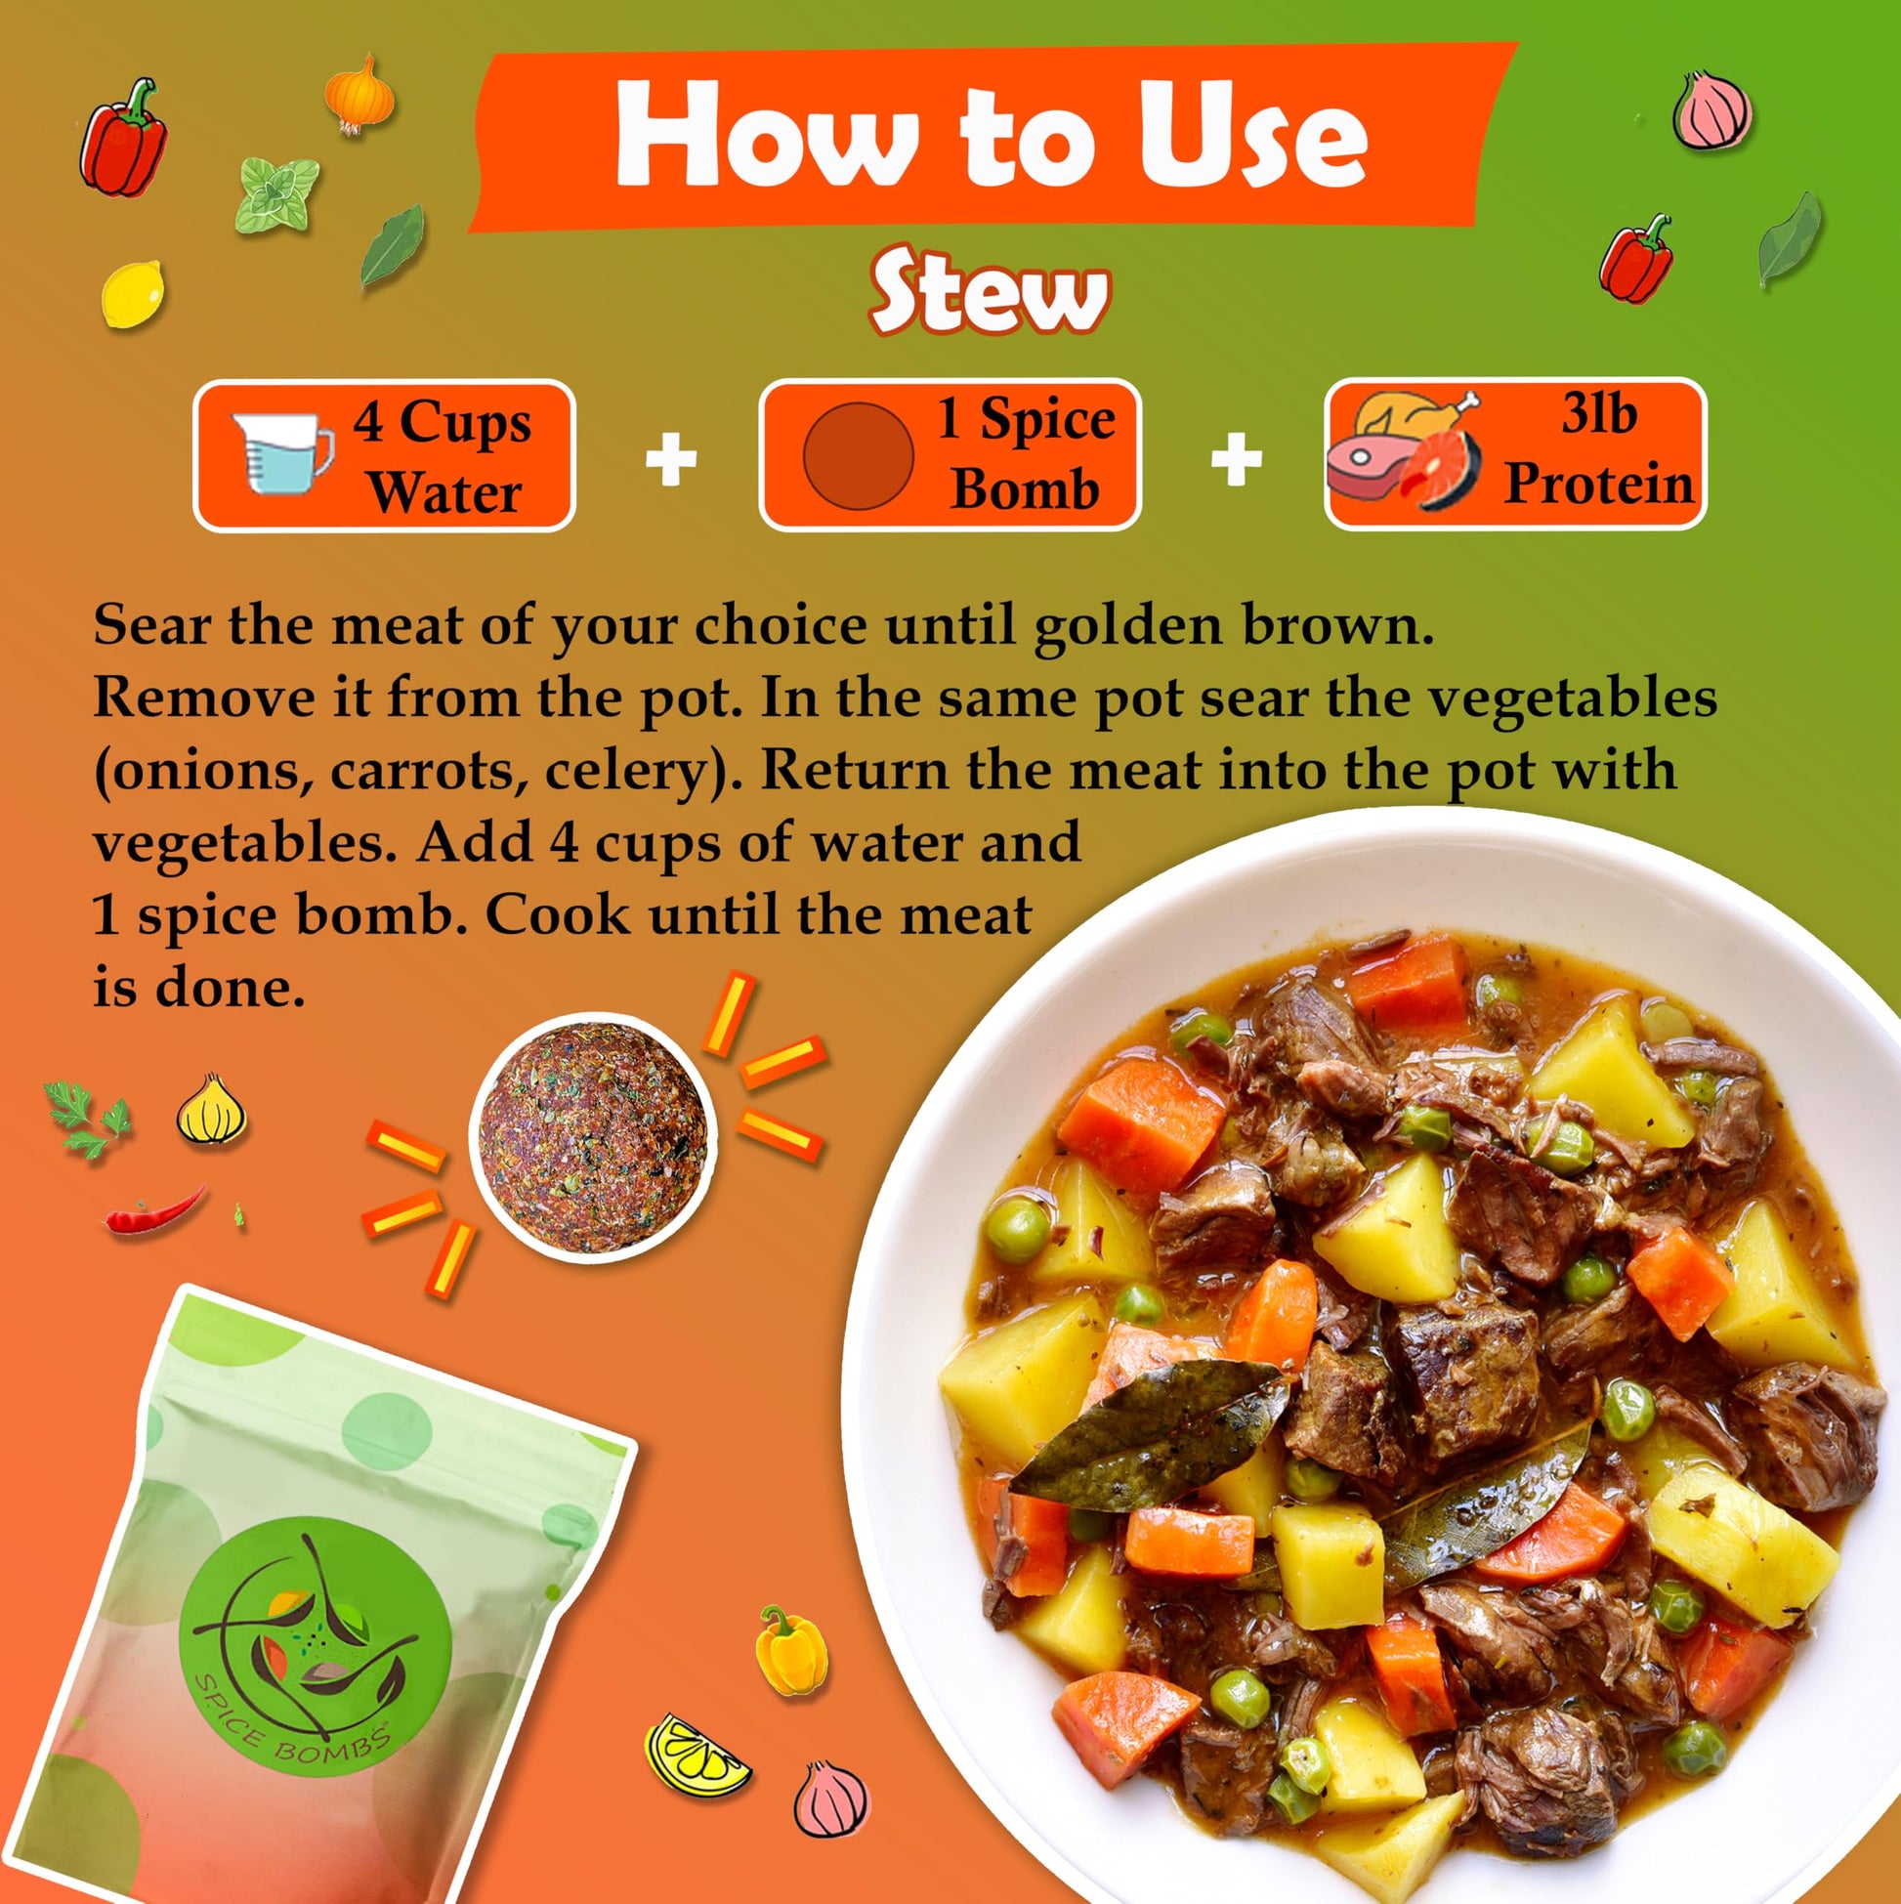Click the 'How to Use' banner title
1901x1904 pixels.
click(991, 135)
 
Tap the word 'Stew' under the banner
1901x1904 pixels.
click(989, 292)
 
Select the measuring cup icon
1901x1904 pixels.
click(282, 451)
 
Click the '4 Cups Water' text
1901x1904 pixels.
click(443, 456)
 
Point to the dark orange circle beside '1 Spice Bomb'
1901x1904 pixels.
click(858, 456)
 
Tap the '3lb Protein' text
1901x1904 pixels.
click(1598, 448)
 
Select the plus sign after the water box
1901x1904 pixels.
click(671, 459)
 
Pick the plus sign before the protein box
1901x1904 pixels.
click(1236, 459)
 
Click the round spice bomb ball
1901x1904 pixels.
click(593, 1137)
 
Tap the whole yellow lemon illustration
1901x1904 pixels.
click(132, 295)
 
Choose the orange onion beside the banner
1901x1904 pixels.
click(359, 96)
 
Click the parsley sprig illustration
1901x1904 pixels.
click(88, 1117)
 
